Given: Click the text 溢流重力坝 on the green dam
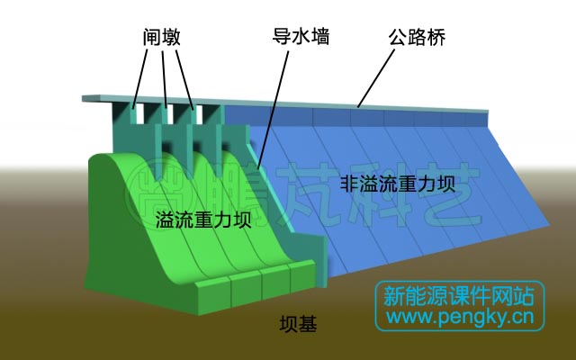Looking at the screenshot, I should (202, 220).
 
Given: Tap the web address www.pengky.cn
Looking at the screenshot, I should (459, 317).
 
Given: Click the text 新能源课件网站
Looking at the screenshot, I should (459, 295).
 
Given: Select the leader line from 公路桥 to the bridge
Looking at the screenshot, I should (378, 76).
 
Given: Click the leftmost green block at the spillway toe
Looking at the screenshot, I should (212, 292).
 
